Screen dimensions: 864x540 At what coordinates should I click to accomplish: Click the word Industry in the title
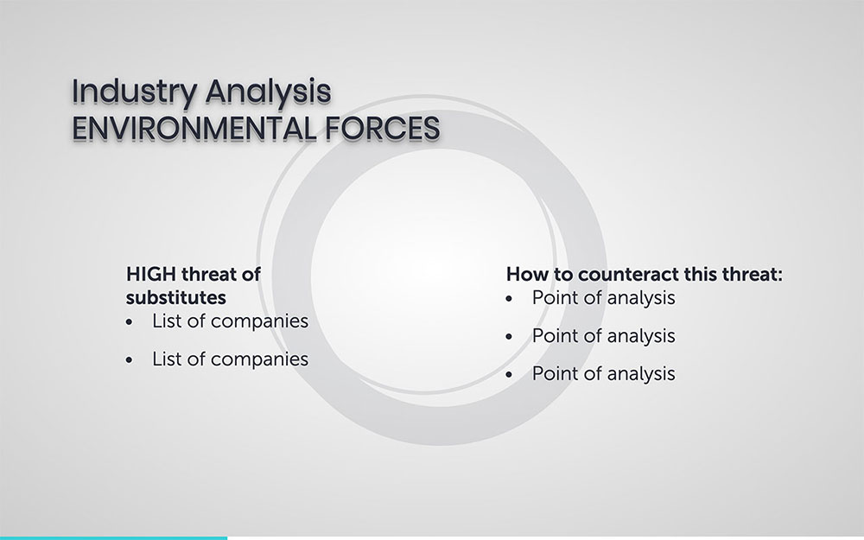pos(135,92)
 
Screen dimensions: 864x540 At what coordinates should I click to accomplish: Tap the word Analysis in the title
pos(269,92)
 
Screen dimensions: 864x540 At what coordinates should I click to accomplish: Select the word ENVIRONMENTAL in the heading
pos(194,128)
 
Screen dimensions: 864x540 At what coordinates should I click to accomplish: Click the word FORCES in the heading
pos(383,128)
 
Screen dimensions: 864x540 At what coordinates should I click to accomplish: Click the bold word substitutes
pos(175,297)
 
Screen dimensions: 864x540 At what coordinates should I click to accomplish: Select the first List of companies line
pos(231,321)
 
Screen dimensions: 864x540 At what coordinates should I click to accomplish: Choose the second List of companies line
pos(231,359)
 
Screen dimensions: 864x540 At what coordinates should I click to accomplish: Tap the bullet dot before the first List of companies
pos(130,322)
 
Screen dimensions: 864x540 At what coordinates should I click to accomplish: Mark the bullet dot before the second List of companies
pos(130,360)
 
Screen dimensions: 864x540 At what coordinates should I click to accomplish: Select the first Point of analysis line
pos(603,298)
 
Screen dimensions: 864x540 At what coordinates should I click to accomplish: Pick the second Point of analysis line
pos(603,336)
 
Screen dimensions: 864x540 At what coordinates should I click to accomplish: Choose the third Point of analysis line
pos(603,374)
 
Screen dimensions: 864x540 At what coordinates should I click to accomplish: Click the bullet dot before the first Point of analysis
pos(509,299)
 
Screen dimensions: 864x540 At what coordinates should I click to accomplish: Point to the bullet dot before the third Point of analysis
pos(509,375)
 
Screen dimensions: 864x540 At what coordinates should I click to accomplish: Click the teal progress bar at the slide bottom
pos(113,537)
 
